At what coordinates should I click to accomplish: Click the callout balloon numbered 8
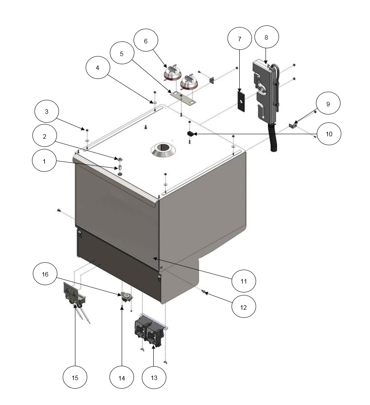point(266,37)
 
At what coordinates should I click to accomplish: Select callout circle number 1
point(44,161)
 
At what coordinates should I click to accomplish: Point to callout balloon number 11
point(243,281)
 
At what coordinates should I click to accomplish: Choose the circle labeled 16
point(45,274)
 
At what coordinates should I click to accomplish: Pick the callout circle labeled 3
point(47,111)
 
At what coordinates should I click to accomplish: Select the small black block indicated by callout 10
point(190,134)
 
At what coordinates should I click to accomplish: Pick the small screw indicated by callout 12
point(203,292)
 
